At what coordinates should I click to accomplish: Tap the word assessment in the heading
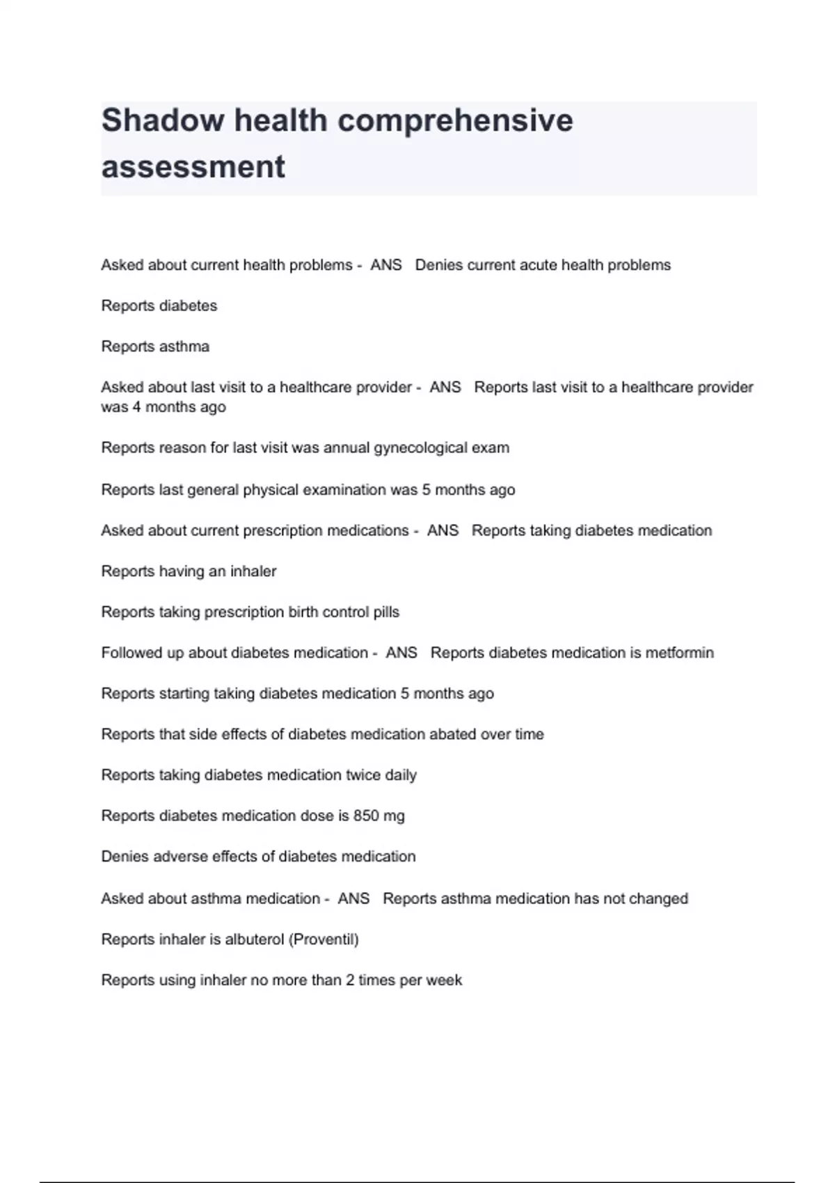[x=193, y=167]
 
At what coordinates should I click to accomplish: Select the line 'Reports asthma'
[x=155, y=347]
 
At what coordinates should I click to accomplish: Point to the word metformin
[x=679, y=653]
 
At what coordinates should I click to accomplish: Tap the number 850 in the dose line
[x=366, y=816]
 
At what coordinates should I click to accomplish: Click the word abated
[x=453, y=734]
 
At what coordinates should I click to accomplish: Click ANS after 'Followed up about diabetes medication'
[x=401, y=653]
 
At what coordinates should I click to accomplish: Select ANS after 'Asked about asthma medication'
[x=353, y=898]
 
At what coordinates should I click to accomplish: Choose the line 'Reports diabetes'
[x=159, y=306]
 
